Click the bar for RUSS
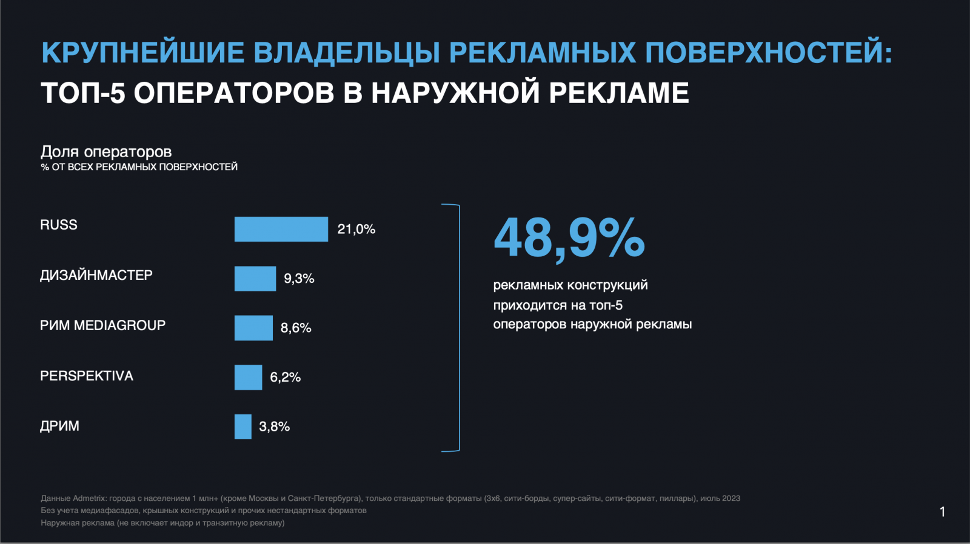point(281,229)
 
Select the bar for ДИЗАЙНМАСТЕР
point(255,279)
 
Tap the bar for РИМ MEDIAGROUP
point(253,328)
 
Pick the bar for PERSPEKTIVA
point(248,377)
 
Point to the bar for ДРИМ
point(242,426)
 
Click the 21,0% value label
point(356,229)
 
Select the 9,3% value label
point(299,279)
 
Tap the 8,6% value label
point(296,328)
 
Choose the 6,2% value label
point(285,377)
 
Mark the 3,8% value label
point(274,426)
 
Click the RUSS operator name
point(59,225)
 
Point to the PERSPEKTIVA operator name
point(87,376)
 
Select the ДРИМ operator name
point(59,426)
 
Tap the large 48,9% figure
point(569,238)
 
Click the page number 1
point(942,512)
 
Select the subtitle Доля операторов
point(106,151)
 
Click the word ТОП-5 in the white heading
point(83,93)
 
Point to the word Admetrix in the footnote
point(89,499)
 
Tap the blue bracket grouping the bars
point(458,328)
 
